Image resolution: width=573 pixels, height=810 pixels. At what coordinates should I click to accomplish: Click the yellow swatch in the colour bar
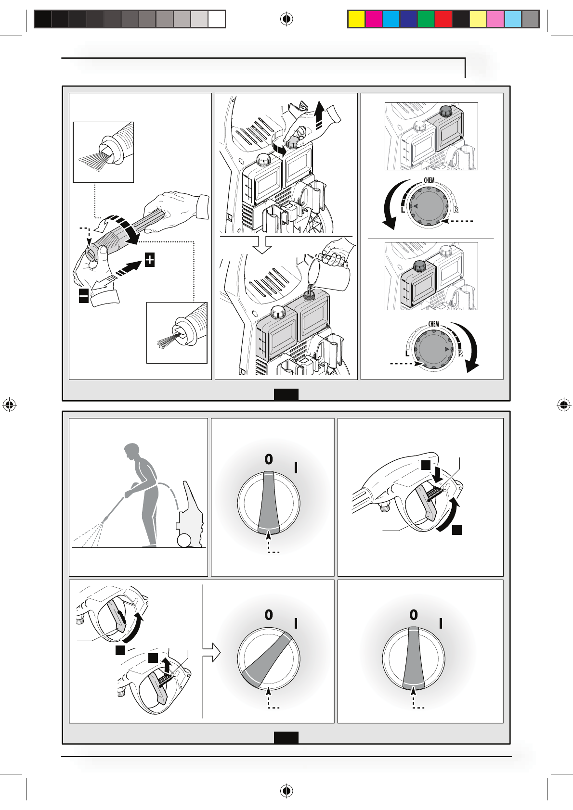[x=356, y=19]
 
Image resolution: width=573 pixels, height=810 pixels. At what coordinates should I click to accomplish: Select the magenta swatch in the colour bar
[x=374, y=19]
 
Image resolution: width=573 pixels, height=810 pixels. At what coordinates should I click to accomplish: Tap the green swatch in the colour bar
[x=426, y=19]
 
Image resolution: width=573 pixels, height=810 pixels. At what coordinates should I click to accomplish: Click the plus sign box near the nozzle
[x=150, y=260]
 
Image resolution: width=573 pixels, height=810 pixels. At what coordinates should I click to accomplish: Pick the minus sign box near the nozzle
[x=84, y=296]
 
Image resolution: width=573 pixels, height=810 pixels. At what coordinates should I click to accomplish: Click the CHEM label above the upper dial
[x=429, y=180]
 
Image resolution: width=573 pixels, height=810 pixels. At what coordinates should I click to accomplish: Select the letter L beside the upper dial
[x=403, y=210]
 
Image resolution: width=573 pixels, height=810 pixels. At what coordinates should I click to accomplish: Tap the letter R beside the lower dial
[x=460, y=354]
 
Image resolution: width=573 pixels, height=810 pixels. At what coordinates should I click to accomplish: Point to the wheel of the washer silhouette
[x=184, y=541]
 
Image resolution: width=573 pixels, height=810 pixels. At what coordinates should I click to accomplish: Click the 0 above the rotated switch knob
[x=269, y=615]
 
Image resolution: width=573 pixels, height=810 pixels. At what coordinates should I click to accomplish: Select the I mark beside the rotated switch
[x=296, y=624]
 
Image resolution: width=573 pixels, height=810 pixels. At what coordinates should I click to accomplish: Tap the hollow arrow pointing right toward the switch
[x=211, y=653]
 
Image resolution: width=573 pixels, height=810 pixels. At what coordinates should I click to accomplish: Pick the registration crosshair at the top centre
[x=286, y=19]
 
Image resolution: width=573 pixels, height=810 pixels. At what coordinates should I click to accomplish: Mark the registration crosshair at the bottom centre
[x=286, y=790]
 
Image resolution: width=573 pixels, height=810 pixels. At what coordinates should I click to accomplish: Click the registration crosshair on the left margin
[x=9, y=405]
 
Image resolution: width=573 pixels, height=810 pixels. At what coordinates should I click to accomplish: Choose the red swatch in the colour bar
[x=443, y=19]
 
